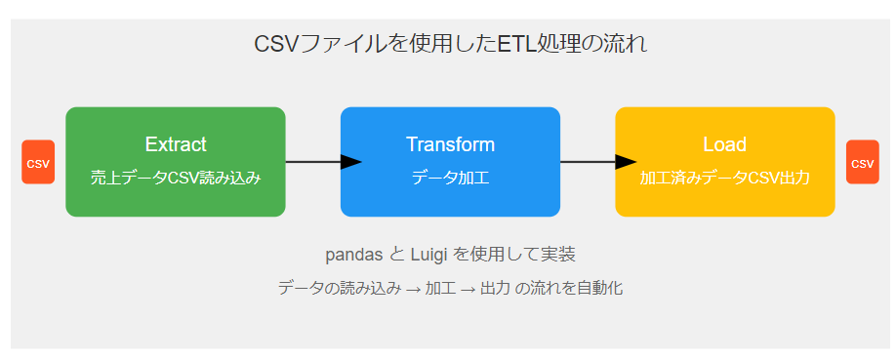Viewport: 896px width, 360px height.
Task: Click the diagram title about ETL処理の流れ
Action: point(450,45)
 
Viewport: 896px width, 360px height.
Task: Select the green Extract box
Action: point(176,162)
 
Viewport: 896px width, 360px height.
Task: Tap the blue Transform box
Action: point(450,162)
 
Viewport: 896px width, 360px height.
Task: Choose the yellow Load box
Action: point(724,162)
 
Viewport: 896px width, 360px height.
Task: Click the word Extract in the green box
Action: point(176,144)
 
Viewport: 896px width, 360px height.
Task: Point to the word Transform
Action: point(450,144)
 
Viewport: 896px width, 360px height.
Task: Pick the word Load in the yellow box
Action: point(724,144)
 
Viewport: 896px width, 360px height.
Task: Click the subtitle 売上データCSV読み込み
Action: point(176,179)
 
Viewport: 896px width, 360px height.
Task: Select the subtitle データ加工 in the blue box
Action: point(450,179)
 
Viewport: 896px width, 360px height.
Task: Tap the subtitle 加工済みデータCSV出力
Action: point(724,179)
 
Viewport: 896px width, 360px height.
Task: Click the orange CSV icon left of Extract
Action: point(38,162)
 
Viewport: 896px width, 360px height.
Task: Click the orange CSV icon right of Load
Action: point(862,162)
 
